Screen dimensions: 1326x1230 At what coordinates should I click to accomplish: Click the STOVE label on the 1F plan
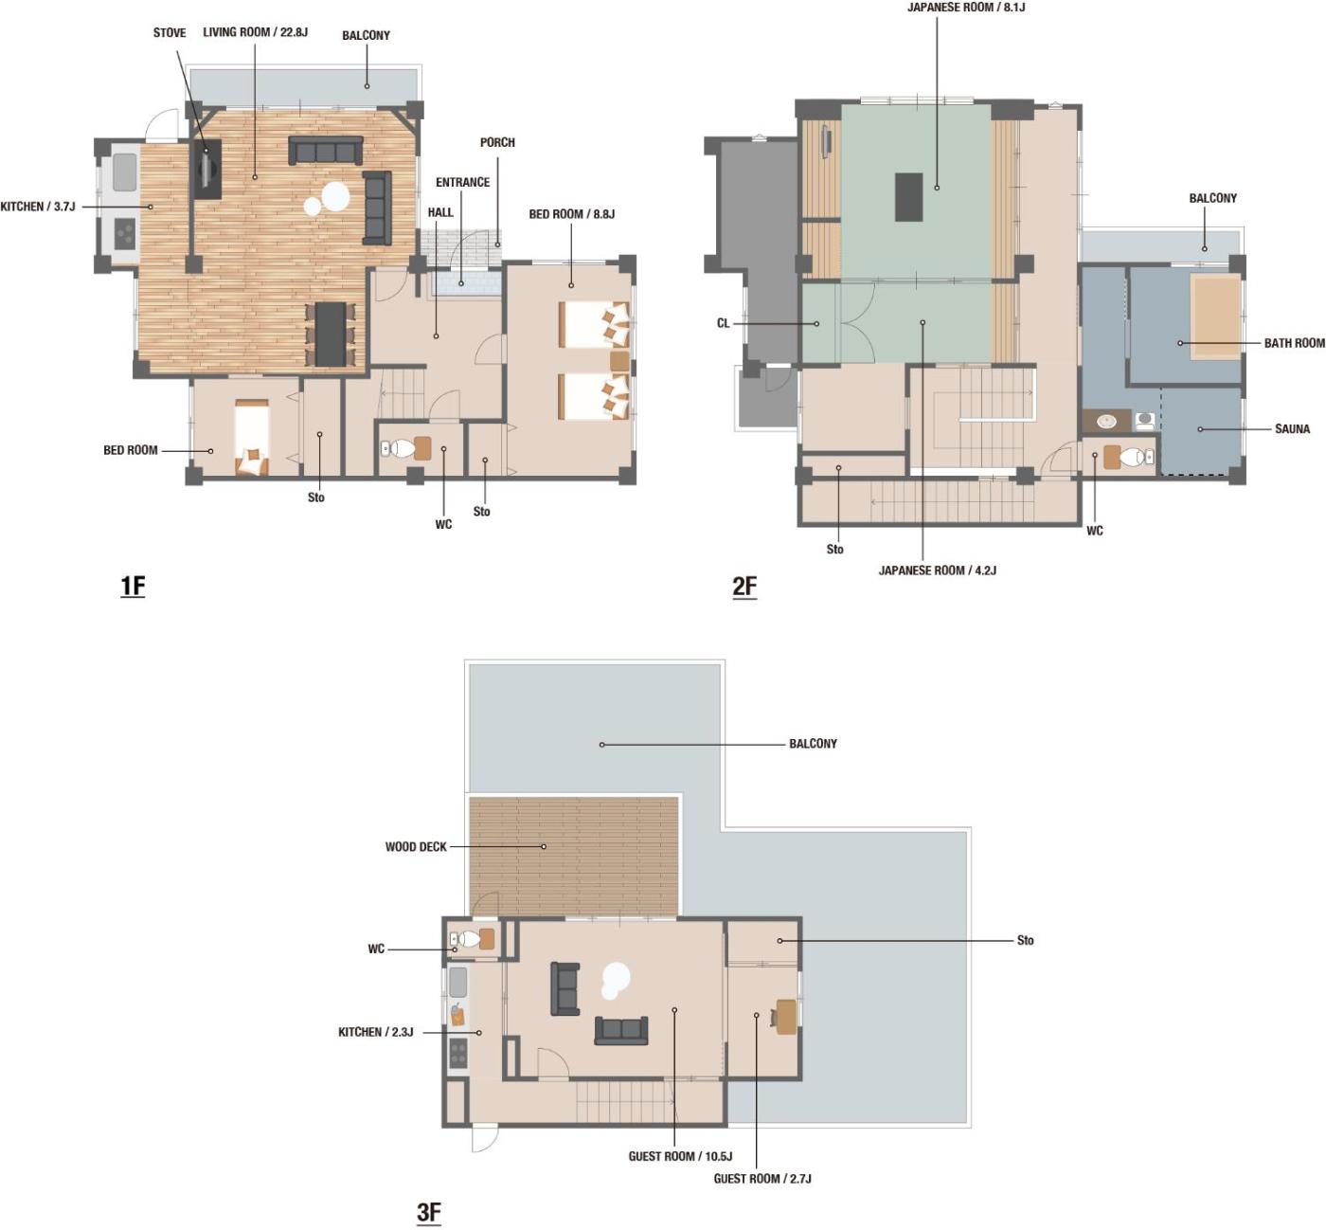tap(170, 33)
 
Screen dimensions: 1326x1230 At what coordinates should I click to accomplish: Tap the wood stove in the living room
tap(207, 170)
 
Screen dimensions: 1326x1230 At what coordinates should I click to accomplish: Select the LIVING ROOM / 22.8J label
tap(255, 32)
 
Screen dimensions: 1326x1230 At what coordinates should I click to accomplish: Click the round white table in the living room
tap(335, 196)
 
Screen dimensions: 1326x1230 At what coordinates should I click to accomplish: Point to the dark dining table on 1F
tap(331, 335)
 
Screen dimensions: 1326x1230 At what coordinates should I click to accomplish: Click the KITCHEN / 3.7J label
tap(37, 207)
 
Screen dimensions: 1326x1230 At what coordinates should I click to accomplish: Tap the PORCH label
tap(497, 142)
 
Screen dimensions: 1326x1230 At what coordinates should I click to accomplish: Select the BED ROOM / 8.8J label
tap(571, 214)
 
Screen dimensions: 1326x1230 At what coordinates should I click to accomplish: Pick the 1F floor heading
tap(133, 586)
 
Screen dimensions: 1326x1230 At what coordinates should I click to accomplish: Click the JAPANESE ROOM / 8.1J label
tap(965, 8)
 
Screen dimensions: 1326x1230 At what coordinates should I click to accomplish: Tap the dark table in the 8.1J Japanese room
tap(908, 196)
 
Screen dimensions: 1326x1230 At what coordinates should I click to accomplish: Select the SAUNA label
tap(1292, 429)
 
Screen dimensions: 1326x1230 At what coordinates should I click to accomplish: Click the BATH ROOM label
tap(1294, 343)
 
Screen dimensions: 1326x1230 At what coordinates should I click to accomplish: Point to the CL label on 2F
tap(723, 323)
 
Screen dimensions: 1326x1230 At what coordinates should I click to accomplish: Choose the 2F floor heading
tap(744, 586)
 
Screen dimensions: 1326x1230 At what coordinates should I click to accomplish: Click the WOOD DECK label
tap(415, 846)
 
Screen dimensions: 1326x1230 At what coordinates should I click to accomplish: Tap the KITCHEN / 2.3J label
tap(376, 1032)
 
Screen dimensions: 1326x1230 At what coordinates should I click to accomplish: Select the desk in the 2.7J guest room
tap(786, 1017)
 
